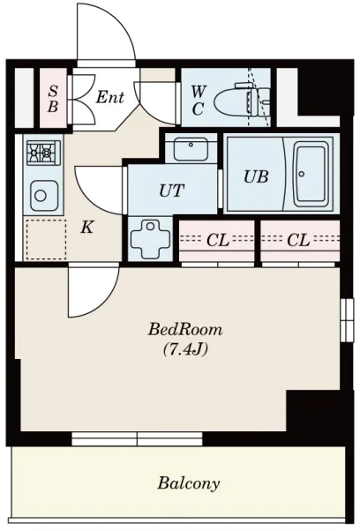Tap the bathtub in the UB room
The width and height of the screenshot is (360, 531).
point(311,174)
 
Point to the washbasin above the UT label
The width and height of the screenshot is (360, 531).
point(191,149)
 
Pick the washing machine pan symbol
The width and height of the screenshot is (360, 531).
point(150,239)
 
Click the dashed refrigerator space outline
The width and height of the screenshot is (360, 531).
point(46,239)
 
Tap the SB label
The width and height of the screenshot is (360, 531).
point(53,99)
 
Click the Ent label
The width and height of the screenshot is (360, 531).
point(109,98)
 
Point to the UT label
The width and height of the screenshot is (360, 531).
point(172,191)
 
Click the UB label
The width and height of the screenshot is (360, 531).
point(256,176)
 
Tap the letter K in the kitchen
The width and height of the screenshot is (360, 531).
point(87,228)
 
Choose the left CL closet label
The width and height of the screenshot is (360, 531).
point(218,241)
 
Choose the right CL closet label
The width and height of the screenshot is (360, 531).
point(298,241)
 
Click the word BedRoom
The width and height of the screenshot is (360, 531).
point(185,329)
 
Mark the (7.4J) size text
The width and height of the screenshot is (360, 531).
point(185,349)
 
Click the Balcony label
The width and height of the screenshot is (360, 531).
point(188,483)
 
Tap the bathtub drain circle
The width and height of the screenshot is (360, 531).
point(302,174)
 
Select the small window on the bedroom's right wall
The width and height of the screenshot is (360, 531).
point(347,320)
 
